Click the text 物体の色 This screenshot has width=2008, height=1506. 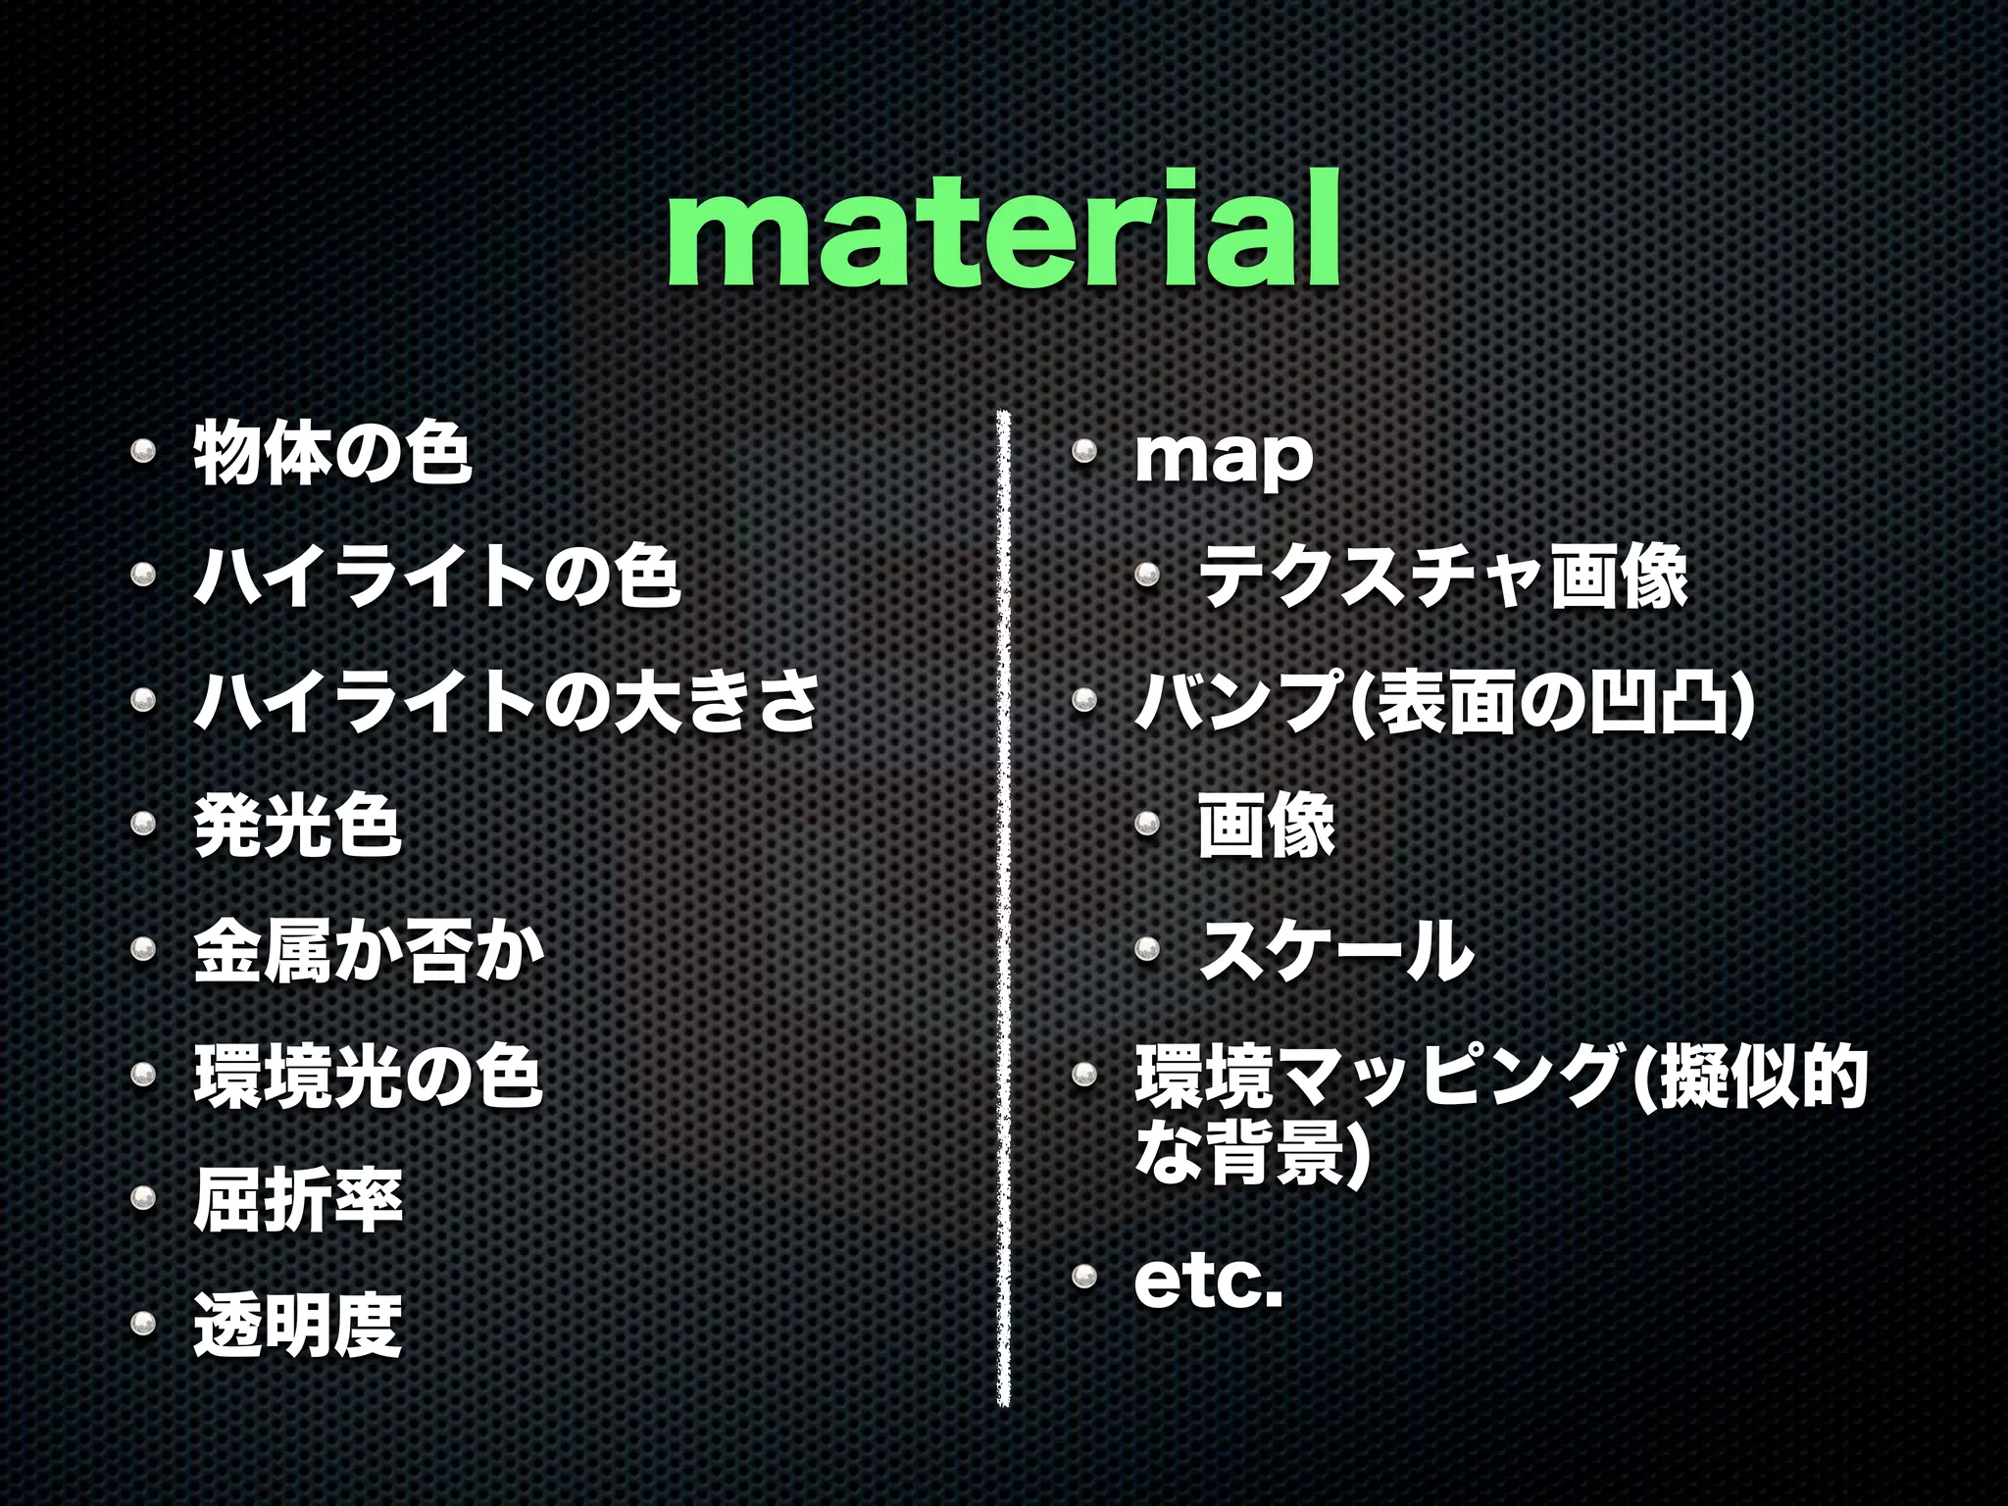[332, 453]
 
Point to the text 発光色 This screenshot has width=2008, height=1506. [298, 826]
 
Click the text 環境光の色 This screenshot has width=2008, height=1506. [369, 1076]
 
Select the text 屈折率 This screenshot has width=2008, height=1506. [298, 1200]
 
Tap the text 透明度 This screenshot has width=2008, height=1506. [298, 1325]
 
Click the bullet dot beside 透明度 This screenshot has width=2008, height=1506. [143, 1325]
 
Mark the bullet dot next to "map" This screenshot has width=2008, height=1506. [1083, 451]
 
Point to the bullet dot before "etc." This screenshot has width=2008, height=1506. [1083, 1276]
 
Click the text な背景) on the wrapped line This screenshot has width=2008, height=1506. [1249, 1154]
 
